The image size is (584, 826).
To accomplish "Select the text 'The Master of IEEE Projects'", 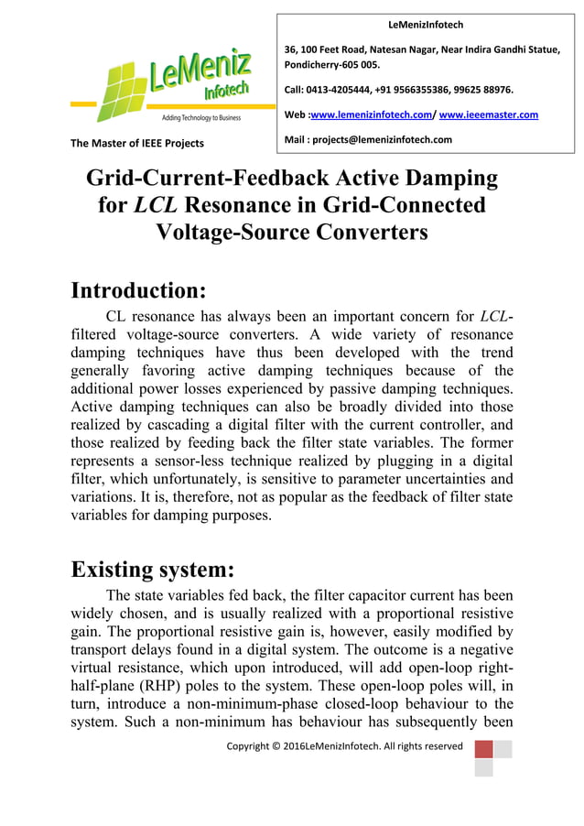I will pyautogui.click(x=137, y=143).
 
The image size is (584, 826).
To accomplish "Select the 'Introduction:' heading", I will pyautogui.click(x=139, y=291).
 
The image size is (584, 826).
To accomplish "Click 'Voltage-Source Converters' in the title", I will pyautogui.click(x=292, y=233).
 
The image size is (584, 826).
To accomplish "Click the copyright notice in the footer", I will pyautogui.click(x=345, y=746).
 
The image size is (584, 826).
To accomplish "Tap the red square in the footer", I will pyautogui.click(x=483, y=749).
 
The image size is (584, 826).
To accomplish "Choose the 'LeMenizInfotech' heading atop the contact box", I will pyautogui.click(x=427, y=25).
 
